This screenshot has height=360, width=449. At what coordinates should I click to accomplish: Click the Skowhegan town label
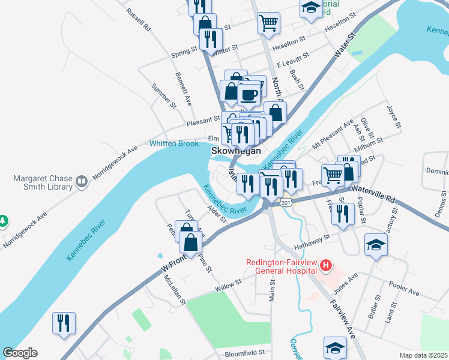pos(236,152)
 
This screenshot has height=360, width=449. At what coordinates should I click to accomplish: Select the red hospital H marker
pos(326,265)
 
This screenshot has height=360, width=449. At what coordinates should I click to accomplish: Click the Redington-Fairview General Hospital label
pos(282,266)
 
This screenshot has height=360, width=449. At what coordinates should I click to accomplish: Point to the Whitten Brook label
pos(173,143)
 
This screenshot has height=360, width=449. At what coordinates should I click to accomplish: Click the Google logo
pos(20,353)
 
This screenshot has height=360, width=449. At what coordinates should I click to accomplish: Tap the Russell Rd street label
pos(138,20)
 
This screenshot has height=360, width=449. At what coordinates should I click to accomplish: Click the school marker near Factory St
pos(376,245)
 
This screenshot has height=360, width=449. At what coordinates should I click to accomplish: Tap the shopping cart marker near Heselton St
pos(268,23)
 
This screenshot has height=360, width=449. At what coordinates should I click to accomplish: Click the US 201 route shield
pos(286,203)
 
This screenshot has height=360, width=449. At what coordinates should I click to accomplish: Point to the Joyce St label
pos(394,117)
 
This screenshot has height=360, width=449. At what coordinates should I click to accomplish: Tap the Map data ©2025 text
pos(423,355)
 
